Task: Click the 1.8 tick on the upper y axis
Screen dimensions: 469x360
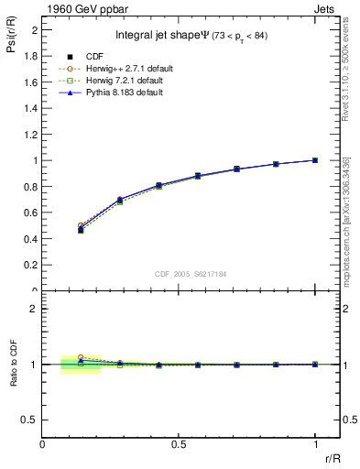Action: click(31, 56)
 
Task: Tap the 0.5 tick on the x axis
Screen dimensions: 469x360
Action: click(178, 444)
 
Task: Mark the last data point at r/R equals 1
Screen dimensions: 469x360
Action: click(315, 160)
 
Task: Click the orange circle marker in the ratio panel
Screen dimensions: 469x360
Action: click(81, 357)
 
